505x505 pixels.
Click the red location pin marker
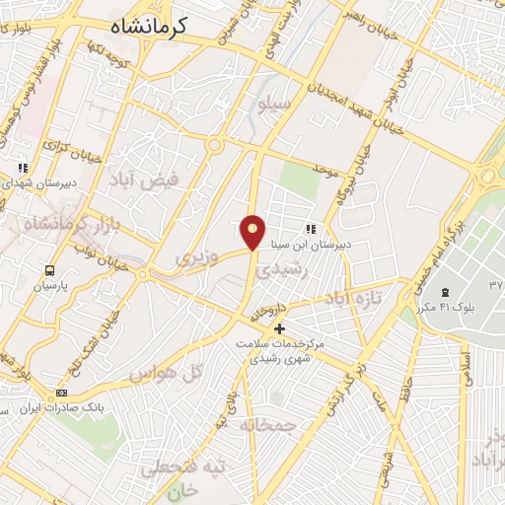pos(253,232)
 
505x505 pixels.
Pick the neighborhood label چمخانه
pos(273,424)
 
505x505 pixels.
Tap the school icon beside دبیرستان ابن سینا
pos(311,229)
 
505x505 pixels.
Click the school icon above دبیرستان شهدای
pos(23,169)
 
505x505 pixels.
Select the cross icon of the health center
pos(280,328)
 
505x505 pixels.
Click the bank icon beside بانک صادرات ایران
pos(62,394)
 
